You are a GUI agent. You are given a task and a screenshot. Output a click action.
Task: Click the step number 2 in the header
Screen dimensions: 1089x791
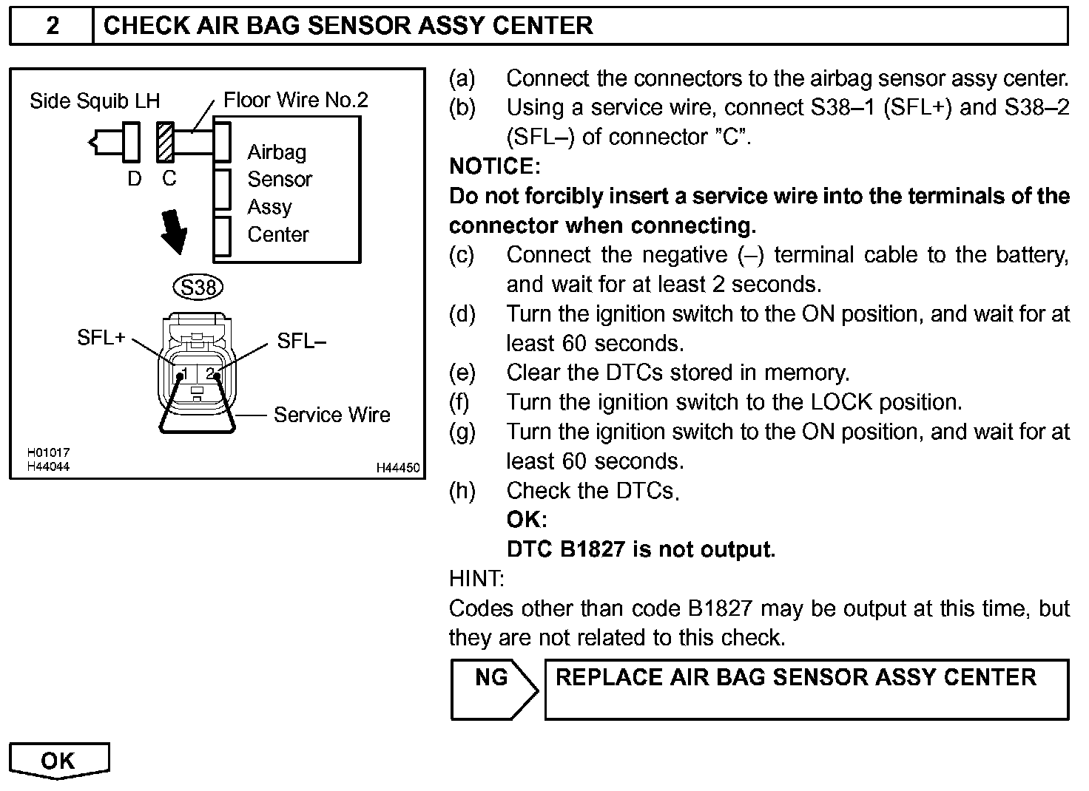pos(53,25)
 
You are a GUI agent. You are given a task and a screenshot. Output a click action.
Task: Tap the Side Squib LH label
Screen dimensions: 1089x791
pos(95,101)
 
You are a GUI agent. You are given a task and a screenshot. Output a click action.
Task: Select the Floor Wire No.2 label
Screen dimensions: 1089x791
pos(296,100)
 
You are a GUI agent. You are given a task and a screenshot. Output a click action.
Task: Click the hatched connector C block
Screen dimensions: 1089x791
pos(165,142)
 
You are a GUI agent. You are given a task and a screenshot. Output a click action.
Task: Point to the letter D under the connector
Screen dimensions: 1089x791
pos(134,179)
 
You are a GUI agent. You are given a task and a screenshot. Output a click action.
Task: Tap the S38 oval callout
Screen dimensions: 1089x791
pos(198,287)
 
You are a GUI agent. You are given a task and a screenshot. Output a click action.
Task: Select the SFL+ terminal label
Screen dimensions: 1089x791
pos(101,337)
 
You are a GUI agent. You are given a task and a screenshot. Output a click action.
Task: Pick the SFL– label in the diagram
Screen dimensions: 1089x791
pos(301,341)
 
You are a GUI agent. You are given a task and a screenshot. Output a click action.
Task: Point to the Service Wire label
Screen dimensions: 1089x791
pos(331,415)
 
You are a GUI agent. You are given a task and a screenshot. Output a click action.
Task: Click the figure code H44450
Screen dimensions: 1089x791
pos(398,467)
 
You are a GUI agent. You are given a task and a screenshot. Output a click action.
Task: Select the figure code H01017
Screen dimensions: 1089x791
pos(48,453)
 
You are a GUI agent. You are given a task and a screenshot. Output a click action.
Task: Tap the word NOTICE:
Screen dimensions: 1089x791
pos(495,166)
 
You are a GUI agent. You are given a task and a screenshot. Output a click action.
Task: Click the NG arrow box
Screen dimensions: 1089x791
pos(494,689)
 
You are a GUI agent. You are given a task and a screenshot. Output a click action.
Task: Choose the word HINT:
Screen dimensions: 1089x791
pos(476,579)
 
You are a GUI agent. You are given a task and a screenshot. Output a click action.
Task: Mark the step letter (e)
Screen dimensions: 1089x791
pos(462,373)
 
